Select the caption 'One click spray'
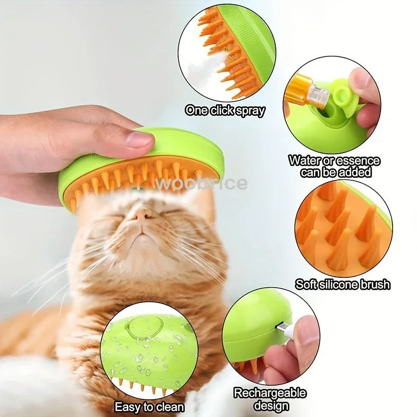click(225, 111)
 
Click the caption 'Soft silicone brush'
click(342, 285)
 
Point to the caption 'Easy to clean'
click(149, 407)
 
